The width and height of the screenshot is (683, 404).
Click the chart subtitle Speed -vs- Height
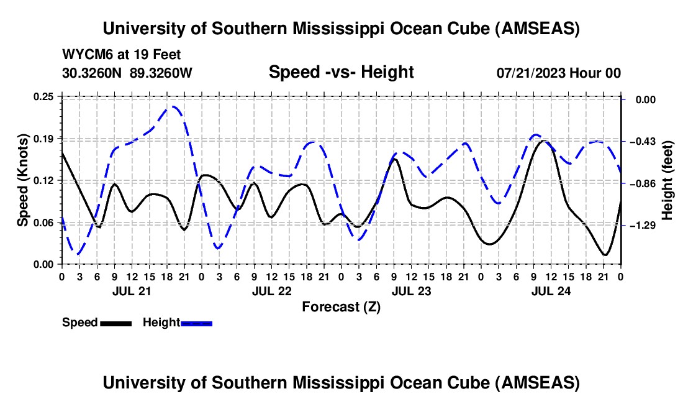(x=341, y=73)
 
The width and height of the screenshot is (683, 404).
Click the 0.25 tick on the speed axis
(x=44, y=96)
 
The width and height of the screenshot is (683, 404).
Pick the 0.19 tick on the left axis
(x=44, y=138)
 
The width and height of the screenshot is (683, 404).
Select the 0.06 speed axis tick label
(x=44, y=222)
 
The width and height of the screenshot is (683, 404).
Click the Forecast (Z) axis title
(x=341, y=306)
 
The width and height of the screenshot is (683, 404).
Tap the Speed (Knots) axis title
(x=23, y=180)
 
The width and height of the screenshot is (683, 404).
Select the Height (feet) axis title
(x=667, y=180)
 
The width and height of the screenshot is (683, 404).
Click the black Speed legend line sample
(x=115, y=323)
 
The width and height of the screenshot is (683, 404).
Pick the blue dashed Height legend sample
(x=196, y=323)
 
